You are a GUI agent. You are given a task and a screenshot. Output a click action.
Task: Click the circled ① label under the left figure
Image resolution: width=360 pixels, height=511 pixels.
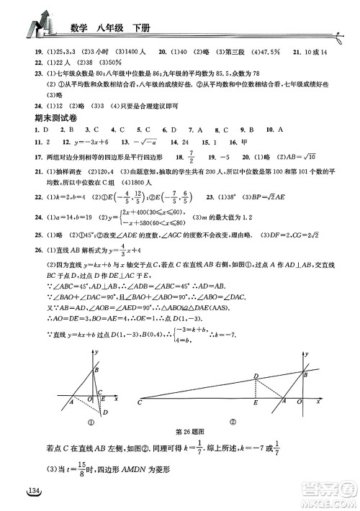[91, 422]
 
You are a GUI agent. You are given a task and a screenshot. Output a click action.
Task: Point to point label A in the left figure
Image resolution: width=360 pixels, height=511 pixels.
[71, 402]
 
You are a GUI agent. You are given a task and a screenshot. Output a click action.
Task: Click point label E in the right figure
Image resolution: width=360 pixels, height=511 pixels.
[256, 404]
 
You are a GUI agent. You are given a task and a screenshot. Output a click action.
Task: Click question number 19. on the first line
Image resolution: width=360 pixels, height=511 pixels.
[30, 53]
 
